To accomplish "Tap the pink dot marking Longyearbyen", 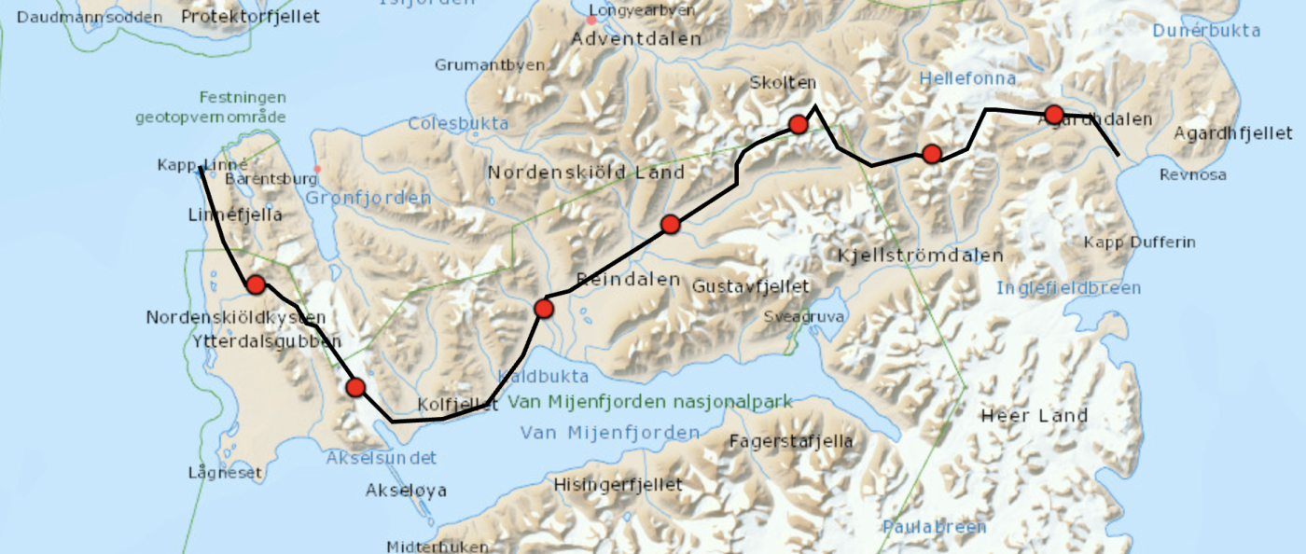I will pyautogui.click(x=591, y=19).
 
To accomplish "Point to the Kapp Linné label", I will pyautogui.click(x=202, y=165).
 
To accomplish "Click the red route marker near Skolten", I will pyautogui.click(x=799, y=124).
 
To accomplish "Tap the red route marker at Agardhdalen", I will pyautogui.click(x=1054, y=115).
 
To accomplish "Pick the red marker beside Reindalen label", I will pyautogui.click(x=545, y=308).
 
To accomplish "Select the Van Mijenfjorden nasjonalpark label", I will pyautogui.click(x=650, y=402).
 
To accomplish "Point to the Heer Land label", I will pyautogui.click(x=1035, y=416).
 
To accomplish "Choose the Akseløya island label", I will pyautogui.click(x=406, y=490).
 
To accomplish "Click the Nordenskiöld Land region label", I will pyautogui.click(x=587, y=173).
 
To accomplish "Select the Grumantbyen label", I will pyautogui.click(x=478, y=65).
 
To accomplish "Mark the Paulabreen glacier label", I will pyautogui.click(x=935, y=527).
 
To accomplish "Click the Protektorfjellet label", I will pyautogui.click(x=250, y=17).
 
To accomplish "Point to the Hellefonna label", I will pyautogui.click(x=966, y=79).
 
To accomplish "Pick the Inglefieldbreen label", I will pyautogui.click(x=1068, y=288).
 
